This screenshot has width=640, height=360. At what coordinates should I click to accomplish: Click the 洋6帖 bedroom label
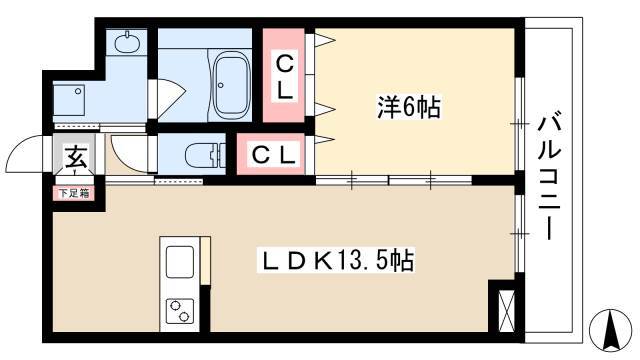(x=408, y=108)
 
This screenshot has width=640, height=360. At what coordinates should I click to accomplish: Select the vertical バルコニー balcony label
(x=549, y=178)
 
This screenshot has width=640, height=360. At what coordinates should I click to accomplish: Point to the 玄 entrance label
(x=76, y=157)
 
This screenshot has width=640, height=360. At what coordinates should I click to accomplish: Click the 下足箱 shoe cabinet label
(x=74, y=193)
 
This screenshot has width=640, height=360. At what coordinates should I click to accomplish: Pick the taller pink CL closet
(x=284, y=76)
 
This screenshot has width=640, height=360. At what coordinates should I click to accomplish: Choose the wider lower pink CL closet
(x=271, y=154)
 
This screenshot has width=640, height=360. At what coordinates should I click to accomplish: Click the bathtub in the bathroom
(x=232, y=85)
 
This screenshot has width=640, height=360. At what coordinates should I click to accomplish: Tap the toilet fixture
(x=205, y=155)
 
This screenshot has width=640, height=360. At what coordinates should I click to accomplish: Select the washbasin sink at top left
(x=126, y=42)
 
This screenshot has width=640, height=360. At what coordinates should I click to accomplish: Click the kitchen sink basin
(x=180, y=262)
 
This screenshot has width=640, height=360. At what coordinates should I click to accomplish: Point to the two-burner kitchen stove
(x=180, y=311)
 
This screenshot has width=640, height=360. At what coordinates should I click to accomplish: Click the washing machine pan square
(x=69, y=100)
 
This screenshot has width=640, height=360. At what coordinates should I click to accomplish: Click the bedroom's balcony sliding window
(x=519, y=123)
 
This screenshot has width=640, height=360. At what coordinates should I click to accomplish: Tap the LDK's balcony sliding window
(x=519, y=234)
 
